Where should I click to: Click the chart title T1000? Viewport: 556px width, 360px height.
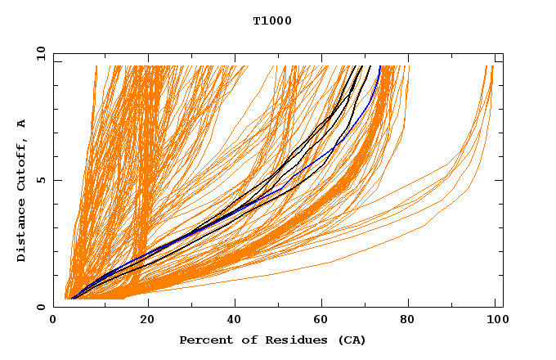pyautogui.click(x=272, y=21)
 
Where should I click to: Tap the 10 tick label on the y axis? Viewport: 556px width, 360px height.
pyautogui.click(x=38, y=54)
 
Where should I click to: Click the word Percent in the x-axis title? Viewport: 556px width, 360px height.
pyautogui.click(x=202, y=340)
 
